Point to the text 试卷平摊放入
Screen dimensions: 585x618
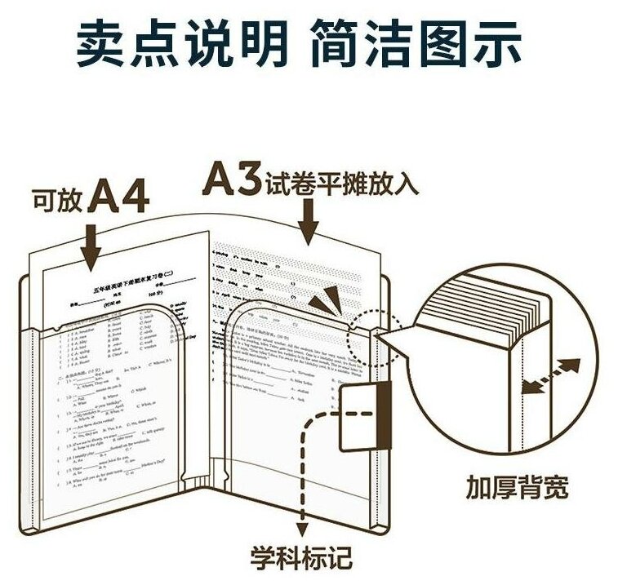pos(341,184)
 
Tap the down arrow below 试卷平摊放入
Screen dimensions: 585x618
pos(309,219)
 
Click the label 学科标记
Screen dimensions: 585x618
pos(301,557)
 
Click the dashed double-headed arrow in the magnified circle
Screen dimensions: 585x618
pos(552,376)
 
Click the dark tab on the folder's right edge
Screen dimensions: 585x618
pos(384,414)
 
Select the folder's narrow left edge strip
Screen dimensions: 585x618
pos(33,424)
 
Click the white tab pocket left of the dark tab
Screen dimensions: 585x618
pos(356,416)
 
